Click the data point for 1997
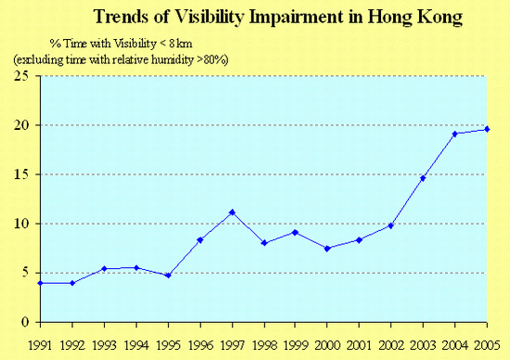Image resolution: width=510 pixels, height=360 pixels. click(x=232, y=212)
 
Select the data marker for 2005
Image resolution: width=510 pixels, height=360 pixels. click(x=487, y=129)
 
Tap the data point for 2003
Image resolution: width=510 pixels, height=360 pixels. click(x=423, y=178)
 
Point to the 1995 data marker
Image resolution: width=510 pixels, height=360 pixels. click(x=168, y=276)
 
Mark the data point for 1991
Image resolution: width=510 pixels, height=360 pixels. click(x=40, y=283)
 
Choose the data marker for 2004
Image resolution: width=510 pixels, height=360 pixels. click(x=454, y=134)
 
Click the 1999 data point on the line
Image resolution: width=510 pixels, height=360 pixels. click(x=295, y=232)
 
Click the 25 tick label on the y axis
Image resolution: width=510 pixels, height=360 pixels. click(x=19, y=76)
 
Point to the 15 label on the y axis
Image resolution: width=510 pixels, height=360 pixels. click(x=19, y=174)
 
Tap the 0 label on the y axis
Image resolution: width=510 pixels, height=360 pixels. click(x=22, y=322)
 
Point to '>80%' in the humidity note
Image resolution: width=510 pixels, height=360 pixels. click(x=211, y=58)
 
